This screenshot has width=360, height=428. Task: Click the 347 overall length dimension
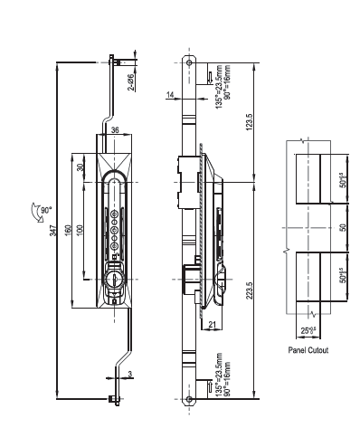coord(53,231)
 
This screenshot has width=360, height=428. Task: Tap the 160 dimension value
coord(68,231)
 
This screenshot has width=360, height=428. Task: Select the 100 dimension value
coord(80,231)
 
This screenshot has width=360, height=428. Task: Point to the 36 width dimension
coord(115,130)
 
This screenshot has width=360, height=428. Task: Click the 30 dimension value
coord(80,167)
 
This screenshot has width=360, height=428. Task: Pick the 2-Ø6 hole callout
coord(131,82)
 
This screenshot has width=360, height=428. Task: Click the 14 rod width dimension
coord(170,95)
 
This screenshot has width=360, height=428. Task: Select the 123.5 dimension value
coord(250,122)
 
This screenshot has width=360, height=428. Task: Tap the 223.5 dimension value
coord(250,290)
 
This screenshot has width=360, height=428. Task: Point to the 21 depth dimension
coord(213,325)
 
